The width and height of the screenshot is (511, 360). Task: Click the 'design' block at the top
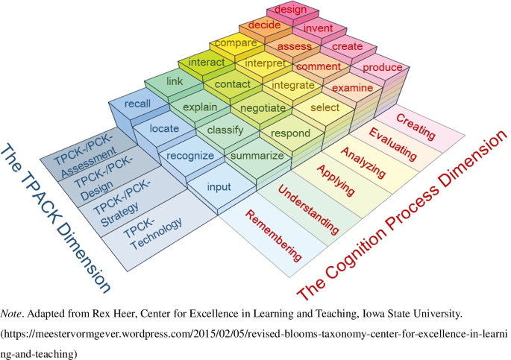291,10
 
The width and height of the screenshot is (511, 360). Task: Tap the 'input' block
219,186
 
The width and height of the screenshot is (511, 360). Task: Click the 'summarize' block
257,156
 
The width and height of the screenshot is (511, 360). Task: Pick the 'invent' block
318,28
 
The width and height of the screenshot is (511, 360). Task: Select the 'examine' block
352,88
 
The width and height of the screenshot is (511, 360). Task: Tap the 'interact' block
206,62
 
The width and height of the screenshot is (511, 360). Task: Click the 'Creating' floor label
416,125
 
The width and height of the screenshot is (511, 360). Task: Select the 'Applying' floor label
335,182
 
